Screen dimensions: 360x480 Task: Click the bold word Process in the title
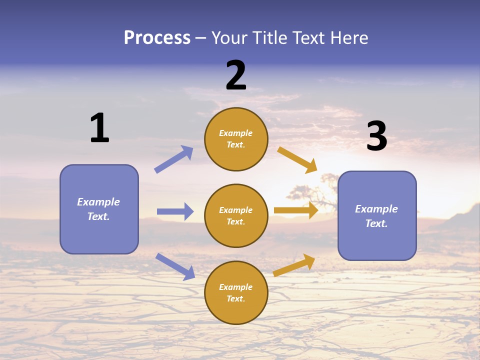157,38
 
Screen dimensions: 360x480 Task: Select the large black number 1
99,128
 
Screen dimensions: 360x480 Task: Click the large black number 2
236,75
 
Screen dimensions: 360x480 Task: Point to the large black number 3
376,136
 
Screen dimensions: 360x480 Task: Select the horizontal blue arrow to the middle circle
175,211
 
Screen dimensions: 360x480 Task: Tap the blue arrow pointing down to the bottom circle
175,266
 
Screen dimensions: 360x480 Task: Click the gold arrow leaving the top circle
297,160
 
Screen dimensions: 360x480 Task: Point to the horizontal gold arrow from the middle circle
296,210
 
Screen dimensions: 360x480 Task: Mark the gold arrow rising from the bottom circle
294,265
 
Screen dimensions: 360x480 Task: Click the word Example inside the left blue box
98,202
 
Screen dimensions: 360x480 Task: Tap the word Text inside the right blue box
376,223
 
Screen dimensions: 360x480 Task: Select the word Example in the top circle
236,133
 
